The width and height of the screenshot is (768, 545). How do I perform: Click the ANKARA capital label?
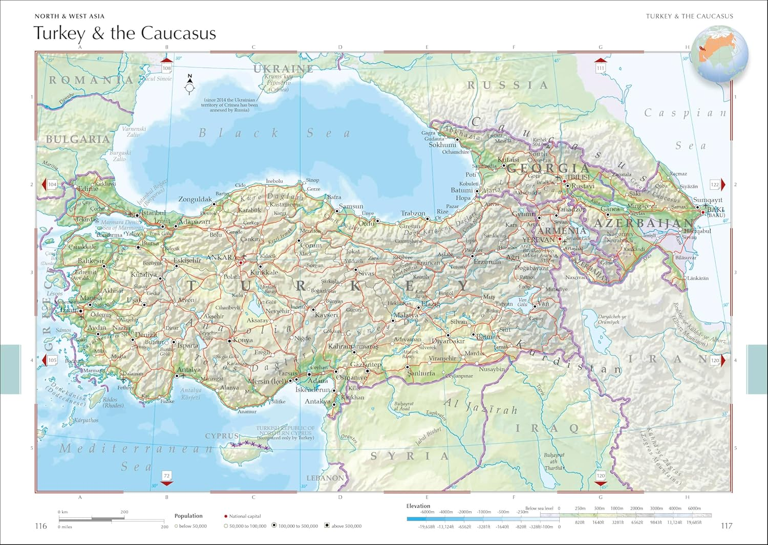click(x=222, y=257)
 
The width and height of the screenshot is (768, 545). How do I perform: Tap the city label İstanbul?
click(x=153, y=212)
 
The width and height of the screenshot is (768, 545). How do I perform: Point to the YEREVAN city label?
click(x=538, y=239)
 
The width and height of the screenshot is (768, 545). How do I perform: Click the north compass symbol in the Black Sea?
click(x=190, y=86)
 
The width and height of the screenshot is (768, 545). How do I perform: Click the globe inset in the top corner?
click(x=720, y=54)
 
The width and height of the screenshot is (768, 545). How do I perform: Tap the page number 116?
click(x=41, y=526)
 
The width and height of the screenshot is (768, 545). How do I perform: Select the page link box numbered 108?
click(x=166, y=68)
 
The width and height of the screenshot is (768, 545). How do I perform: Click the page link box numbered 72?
click(x=166, y=475)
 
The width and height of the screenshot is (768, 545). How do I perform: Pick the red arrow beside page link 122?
click(x=723, y=184)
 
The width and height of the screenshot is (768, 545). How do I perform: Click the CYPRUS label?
click(x=222, y=436)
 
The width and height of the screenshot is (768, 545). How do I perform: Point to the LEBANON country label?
click(x=325, y=478)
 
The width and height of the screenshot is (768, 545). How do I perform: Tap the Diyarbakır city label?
click(x=448, y=341)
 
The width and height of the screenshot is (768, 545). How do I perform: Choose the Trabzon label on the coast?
click(x=413, y=213)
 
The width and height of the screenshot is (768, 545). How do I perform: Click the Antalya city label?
click(x=189, y=369)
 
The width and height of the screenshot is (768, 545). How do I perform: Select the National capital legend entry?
click(x=245, y=516)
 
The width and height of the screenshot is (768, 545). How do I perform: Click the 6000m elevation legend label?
click(x=694, y=509)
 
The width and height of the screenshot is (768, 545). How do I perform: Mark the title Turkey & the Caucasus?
click(x=124, y=33)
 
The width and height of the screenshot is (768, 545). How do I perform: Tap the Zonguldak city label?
click(x=195, y=199)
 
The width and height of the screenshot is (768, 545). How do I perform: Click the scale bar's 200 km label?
click(x=124, y=512)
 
